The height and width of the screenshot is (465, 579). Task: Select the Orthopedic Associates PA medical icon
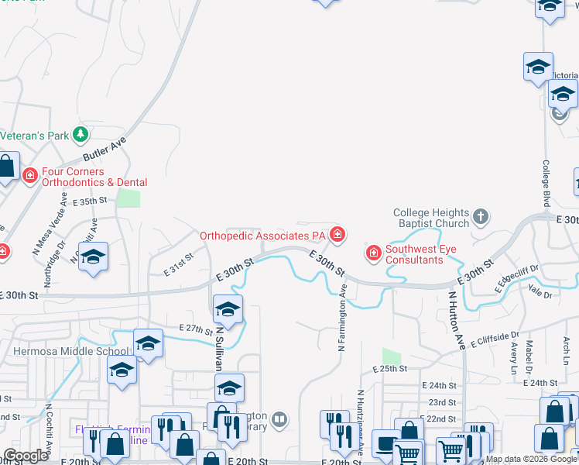tap(337, 233)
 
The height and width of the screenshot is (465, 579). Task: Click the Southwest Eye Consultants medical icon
tap(373, 253)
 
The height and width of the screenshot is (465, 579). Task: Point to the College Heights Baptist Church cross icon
tap(481, 216)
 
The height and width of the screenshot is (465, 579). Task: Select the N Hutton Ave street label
tap(456, 319)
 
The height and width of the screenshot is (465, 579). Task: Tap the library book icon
tap(279, 420)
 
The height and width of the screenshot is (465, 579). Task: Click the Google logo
tap(26, 456)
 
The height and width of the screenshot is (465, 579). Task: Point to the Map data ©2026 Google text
tap(530, 459)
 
